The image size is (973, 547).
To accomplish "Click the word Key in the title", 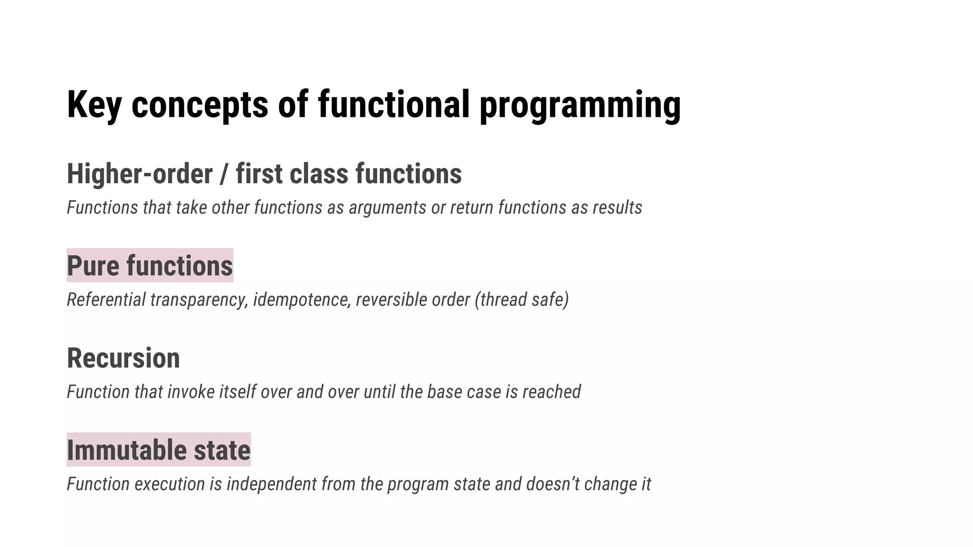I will (x=94, y=104).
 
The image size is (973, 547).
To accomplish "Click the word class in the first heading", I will (x=319, y=174).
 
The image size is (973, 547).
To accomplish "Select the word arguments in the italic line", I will (x=387, y=208).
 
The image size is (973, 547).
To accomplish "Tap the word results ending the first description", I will (x=617, y=208).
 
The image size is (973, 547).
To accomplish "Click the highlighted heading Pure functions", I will (x=150, y=266).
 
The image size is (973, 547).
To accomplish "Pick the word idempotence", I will (x=302, y=300).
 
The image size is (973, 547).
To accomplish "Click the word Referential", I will (x=106, y=300).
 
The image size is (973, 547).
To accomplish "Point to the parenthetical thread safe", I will (x=522, y=300).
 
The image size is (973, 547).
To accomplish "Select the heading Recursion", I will (x=123, y=358).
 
